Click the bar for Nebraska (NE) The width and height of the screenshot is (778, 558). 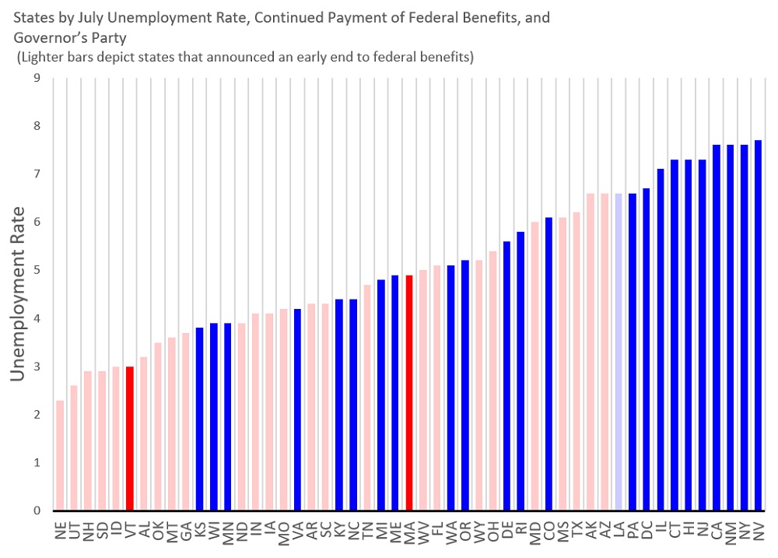(60, 455)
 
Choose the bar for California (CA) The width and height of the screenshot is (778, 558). (717, 328)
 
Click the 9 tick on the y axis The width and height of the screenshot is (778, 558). (37, 78)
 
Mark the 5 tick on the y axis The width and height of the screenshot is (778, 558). (37, 270)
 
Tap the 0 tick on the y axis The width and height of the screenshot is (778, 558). (37, 511)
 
